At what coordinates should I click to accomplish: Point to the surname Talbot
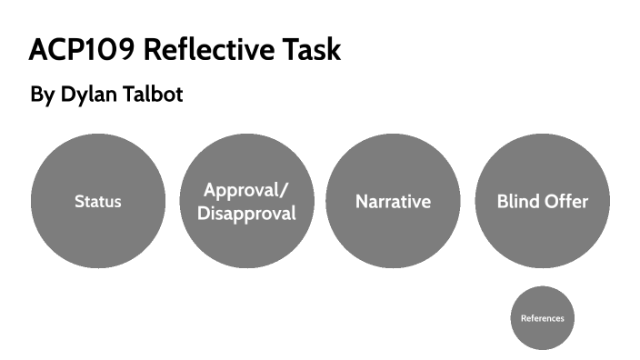pyautogui.click(x=155, y=95)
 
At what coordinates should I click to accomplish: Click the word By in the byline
pyautogui.click(x=42, y=95)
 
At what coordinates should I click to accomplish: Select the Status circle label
pyautogui.click(x=97, y=202)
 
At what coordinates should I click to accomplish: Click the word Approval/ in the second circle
pyautogui.click(x=246, y=191)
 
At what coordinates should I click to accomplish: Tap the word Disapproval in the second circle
pyautogui.click(x=246, y=215)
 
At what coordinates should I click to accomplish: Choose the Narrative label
pyautogui.click(x=393, y=202)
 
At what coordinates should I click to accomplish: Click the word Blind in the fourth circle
pyautogui.click(x=518, y=202)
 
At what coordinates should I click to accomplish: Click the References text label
pyautogui.click(x=542, y=319)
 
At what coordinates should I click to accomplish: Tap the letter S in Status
pyautogui.click(x=78, y=202)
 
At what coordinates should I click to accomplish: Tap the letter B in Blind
pyautogui.click(x=502, y=202)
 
